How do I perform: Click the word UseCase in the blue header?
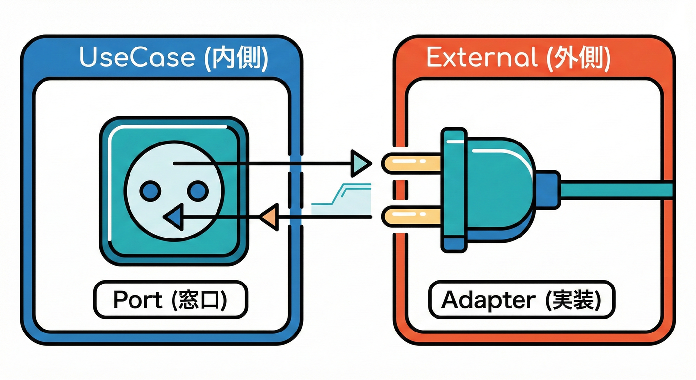pyautogui.click(x=136, y=58)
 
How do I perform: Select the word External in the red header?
pyautogui.click(x=481, y=58)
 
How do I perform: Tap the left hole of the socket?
pyautogui.click(x=150, y=190)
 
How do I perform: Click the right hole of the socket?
pyautogui.click(x=197, y=190)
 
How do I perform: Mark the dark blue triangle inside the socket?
pyautogui.click(x=174, y=217)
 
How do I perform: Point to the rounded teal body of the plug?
pyautogui.click(x=499, y=188)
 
